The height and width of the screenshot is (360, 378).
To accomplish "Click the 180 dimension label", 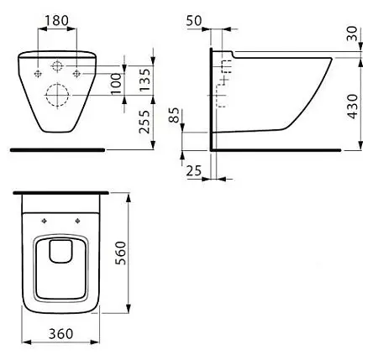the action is pyautogui.click(x=56, y=20).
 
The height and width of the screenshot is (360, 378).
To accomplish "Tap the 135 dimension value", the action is pyautogui.click(x=145, y=80).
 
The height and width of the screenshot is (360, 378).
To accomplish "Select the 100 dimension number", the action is pyautogui.click(x=116, y=84).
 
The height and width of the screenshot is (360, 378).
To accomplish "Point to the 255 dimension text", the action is pyautogui.click(x=145, y=122).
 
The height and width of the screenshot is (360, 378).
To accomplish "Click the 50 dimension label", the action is pyautogui.click(x=194, y=21).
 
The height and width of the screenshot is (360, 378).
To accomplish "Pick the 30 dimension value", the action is pyautogui.click(x=352, y=34).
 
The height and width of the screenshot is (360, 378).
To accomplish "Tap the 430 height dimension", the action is pyautogui.click(x=353, y=107).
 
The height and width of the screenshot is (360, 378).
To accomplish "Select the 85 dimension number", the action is pyautogui.click(x=175, y=115).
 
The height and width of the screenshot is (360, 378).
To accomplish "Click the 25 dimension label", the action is pyautogui.click(x=194, y=170).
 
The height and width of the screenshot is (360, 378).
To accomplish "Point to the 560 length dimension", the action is pyautogui.click(x=120, y=253).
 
